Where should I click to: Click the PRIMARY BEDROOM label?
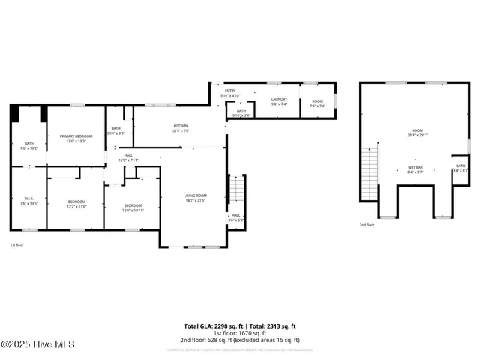click(76, 136)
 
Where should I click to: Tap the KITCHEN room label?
click(181, 125)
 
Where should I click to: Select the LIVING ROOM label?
click(196, 196)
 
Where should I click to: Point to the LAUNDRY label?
click(279, 99)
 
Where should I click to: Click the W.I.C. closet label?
click(28, 199)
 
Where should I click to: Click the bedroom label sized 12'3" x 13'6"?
click(76, 202)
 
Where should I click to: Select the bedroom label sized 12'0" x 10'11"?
click(133, 205)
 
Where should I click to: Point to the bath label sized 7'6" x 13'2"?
click(28, 144)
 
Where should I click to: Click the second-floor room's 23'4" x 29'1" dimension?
click(417, 136)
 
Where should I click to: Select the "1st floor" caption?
click(16, 245)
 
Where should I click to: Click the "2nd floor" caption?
click(367, 225)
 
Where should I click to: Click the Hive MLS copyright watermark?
click(37, 345)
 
